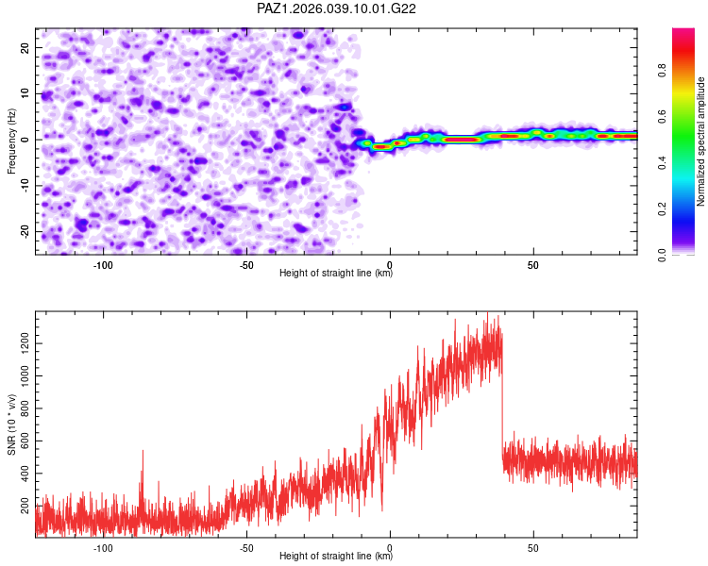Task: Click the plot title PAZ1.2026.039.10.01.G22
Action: point(337,9)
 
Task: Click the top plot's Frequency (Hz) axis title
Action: point(12,141)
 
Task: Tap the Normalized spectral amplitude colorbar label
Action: point(701,141)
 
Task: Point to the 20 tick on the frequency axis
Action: point(25,47)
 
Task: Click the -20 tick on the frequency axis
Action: point(24,231)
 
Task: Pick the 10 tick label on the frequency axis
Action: point(25,93)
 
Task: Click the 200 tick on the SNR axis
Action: point(22,507)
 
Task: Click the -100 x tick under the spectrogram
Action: point(103,265)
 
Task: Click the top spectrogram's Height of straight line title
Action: point(336,274)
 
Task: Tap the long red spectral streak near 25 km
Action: point(462,139)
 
